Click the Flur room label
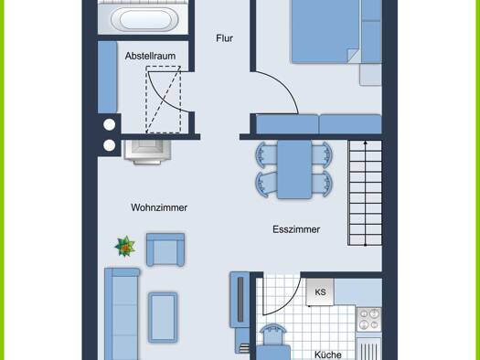[224, 38]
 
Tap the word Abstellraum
[150, 56]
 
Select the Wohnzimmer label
[159, 207]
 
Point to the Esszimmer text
[296, 229]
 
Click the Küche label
[328, 355]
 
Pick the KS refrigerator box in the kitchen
[320, 291]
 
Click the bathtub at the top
[144, 19]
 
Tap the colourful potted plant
[125, 246]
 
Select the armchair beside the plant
[165, 249]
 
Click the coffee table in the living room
[163, 317]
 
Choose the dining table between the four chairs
[294, 169]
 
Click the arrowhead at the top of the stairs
[365, 143]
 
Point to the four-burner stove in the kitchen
[368, 320]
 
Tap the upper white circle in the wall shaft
[110, 124]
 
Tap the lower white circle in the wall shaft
[110, 145]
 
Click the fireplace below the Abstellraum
[147, 152]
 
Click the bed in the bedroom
[325, 31]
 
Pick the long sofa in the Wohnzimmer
[122, 314]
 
